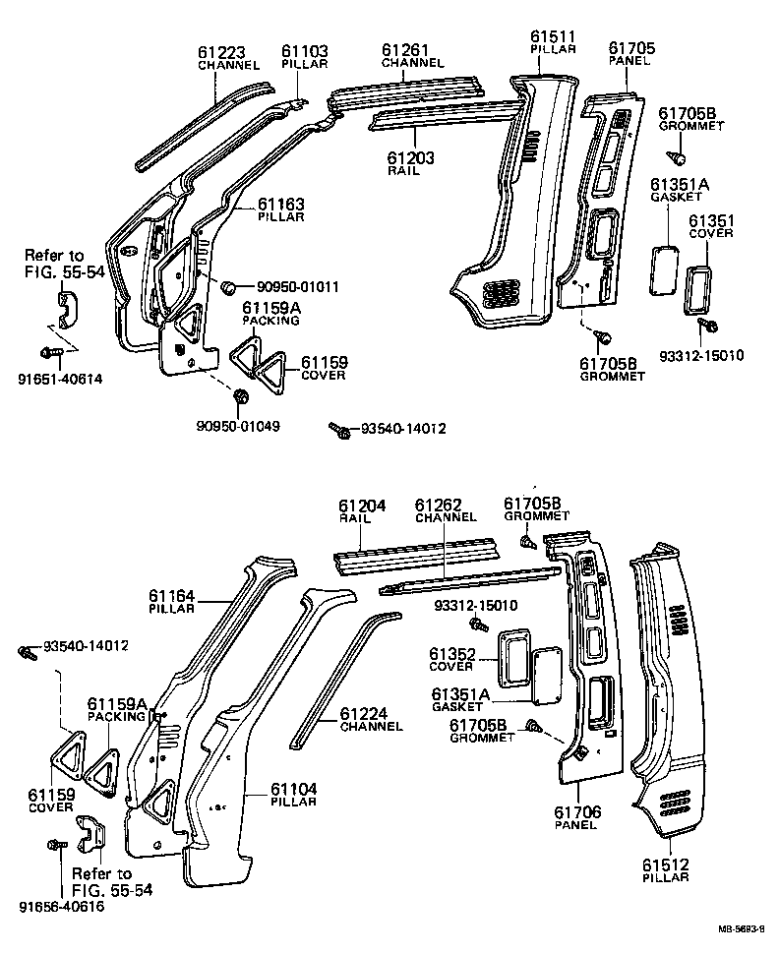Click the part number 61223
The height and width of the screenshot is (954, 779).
click(228, 52)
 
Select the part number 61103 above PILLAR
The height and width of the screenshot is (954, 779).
click(305, 51)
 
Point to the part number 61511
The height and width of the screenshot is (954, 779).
click(552, 36)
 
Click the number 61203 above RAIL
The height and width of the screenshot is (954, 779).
click(410, 157)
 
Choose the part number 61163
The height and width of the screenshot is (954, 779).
click(281, 204)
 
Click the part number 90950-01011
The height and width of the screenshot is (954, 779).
click(297, 287)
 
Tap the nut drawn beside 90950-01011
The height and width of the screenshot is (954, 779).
click(228, 287)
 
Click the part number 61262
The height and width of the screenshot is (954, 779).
click(439, 506)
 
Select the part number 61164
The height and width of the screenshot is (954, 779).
click(172, 596)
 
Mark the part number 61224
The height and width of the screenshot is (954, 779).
click(364, 713)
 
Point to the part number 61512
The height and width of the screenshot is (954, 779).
click(666, 865)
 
